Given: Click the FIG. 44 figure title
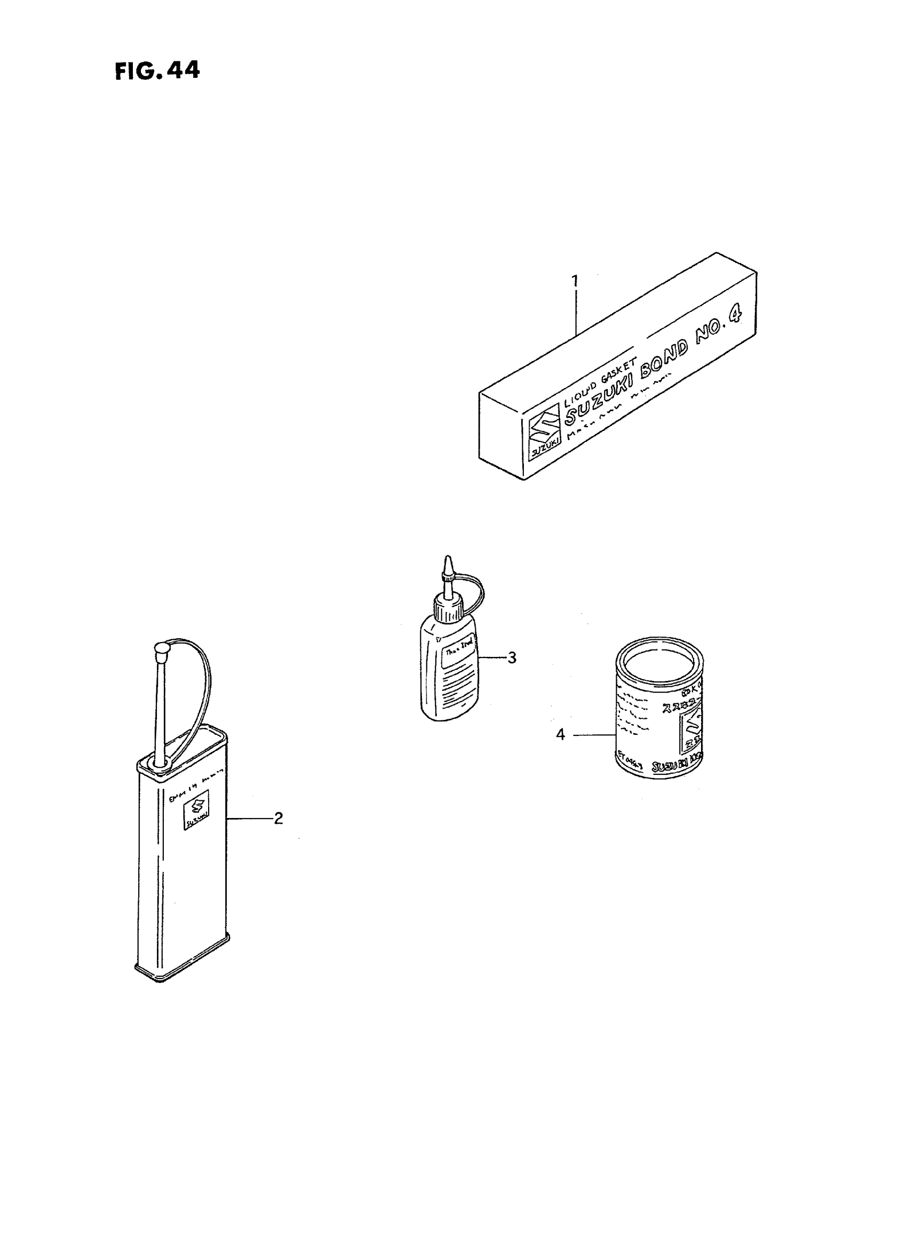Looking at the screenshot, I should click(x=157, y=71).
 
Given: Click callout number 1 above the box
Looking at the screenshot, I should click(x=574, y=282).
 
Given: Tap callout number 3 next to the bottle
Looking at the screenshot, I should click(x=512, y=657).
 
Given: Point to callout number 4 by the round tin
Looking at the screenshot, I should click(x=560, y=734).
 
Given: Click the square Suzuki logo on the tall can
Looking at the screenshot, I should click(x=196, y=815).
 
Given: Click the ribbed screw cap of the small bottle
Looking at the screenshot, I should click(x=449, y=610).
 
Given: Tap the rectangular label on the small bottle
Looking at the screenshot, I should click(x=458, y=657).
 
